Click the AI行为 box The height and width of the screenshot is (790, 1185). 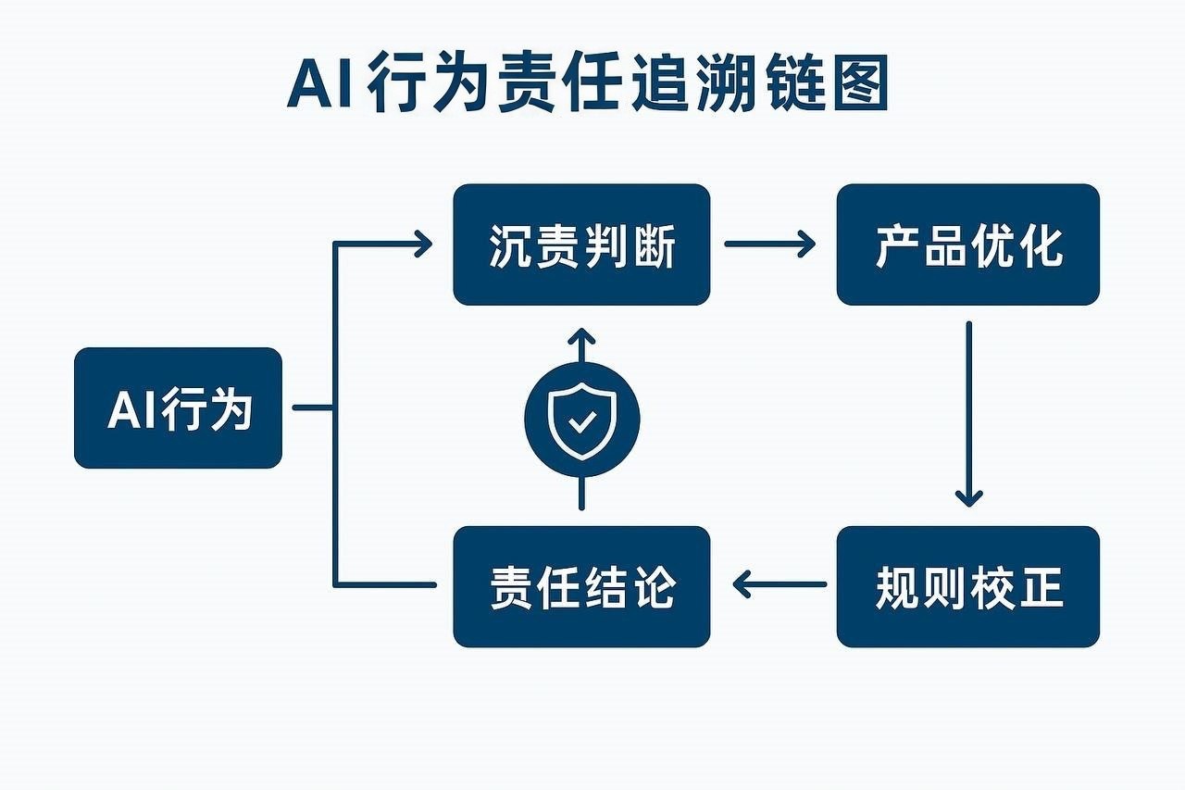pos(178,408)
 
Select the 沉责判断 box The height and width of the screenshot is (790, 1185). pos(581,245)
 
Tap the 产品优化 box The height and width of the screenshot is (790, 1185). pos(967,245)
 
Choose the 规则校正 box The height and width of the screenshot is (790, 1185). pos(967,586)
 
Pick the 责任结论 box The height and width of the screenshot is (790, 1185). pos(581,586)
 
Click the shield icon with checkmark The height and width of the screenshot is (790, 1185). pos(581,420)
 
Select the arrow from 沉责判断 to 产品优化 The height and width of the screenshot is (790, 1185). pos(768,245)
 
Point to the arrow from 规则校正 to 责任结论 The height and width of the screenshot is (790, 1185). pos(780,584)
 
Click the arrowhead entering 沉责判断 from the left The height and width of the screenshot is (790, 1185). pos(421,245)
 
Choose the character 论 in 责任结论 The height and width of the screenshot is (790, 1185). pos(653,587)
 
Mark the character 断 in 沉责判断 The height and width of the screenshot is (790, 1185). pos(653,245)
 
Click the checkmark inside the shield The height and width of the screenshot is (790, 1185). pos(581,423)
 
